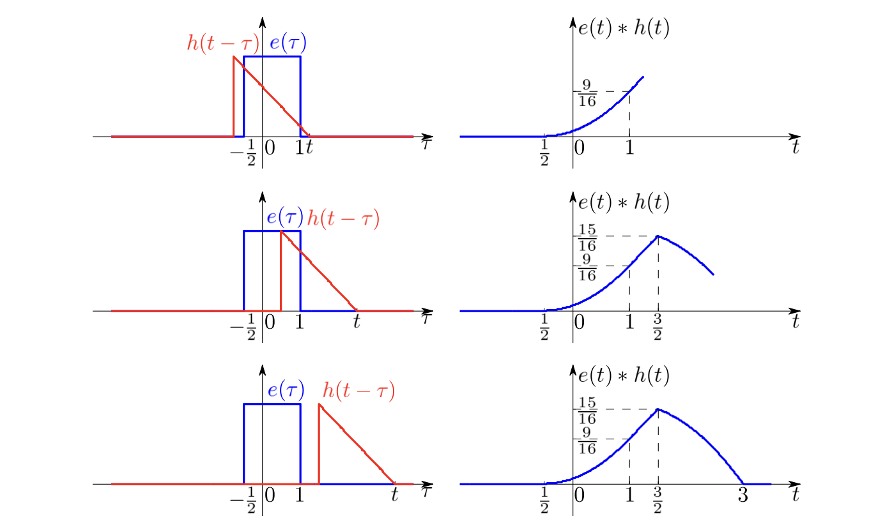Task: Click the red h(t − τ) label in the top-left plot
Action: [x=223, y=43]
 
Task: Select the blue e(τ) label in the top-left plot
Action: [x=288, y=42]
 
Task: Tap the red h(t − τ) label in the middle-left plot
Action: [x=343, y=218]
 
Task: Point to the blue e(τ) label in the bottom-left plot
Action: [x=286, y=390]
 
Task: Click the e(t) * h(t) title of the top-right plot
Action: [x=624, y=28]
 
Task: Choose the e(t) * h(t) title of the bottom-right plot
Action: [x=624, y=375]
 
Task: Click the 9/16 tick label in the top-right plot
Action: [x=587, y=93]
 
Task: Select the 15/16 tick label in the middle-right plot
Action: [x=587, y=238]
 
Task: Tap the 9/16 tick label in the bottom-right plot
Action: [x=587, y=441]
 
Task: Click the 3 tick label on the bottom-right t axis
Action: [x=743, y=496]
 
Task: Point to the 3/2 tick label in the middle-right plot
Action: [x=658, y=327]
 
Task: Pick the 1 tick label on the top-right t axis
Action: [x=629, y=148]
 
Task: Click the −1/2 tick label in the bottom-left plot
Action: [x=243, y=500]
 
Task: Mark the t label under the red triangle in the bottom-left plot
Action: [x=394, y=495]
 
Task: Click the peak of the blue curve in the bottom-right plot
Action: [x=658, y=409]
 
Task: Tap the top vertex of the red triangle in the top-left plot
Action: [x=234, y=57]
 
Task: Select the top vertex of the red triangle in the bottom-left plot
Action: [x=319, y=404]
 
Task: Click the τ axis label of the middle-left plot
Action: [x=426, y=318]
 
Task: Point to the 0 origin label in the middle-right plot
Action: [x=580, y=322]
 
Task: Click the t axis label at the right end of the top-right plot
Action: [x=796, y=147]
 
